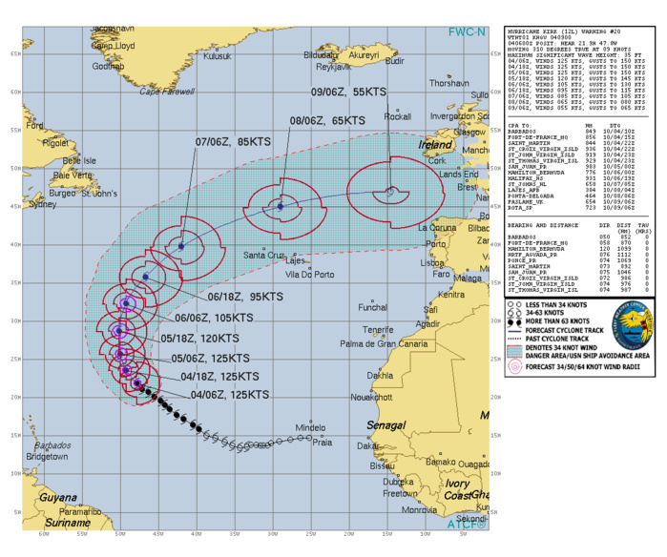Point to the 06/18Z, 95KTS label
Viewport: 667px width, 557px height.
199,297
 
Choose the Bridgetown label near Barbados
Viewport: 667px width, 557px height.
59,458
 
